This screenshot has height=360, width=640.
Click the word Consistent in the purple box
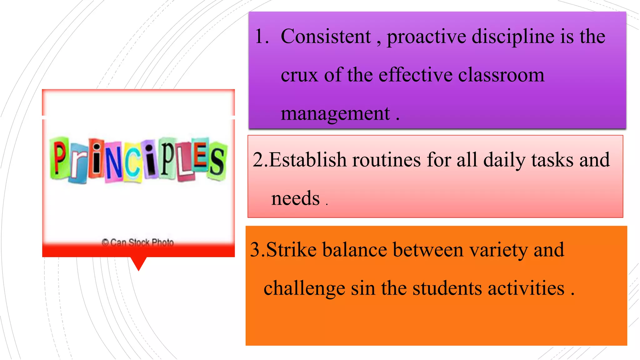click(x=326, y=37)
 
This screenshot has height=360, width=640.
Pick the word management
click(x=335, y=114)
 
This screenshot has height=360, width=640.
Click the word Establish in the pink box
click(x=307, y=160)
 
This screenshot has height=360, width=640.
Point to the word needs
click(x=295, y=198)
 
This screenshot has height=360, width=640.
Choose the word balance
click(x=354, y=250)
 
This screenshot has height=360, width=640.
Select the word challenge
click(x=304, y=288)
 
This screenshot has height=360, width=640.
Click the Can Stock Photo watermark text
click(x=138, y=242)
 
